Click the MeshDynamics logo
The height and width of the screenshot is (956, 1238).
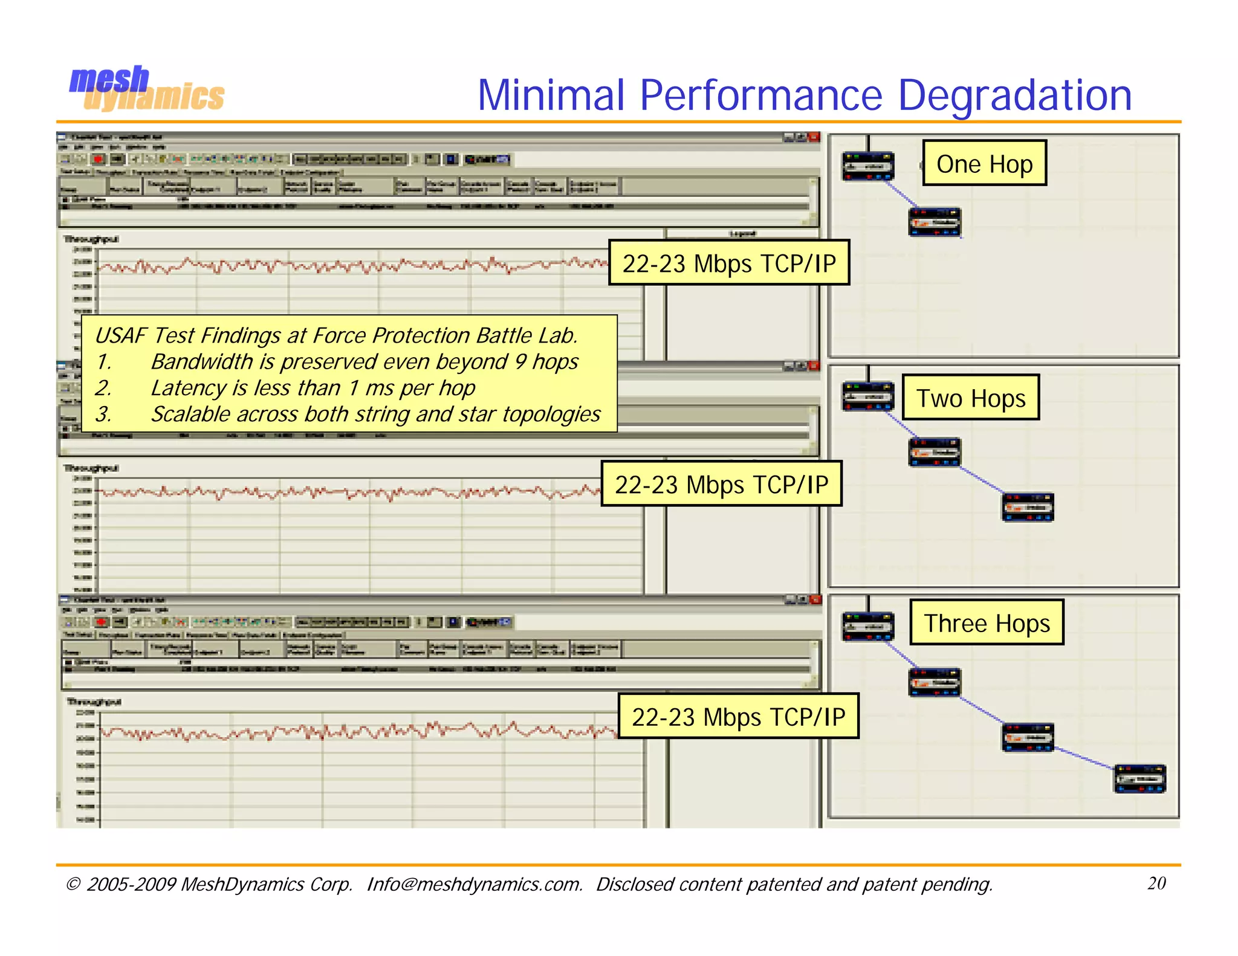[x=146, y=89]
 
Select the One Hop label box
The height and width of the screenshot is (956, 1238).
[x=984, y=163]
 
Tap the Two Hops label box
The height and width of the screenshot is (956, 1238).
[x=970, y=398]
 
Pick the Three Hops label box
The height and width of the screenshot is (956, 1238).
[x=987, y=622]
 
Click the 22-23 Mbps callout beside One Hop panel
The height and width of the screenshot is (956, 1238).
[x=728, y=263]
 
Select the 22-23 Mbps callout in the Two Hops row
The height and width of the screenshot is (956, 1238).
[x=721, y=484]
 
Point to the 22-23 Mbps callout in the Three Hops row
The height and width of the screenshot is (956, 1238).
[x=738, y=716]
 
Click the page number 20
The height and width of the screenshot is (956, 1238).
[x=1156, y=883]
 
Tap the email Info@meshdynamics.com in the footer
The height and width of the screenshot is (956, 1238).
[x=475, y=884]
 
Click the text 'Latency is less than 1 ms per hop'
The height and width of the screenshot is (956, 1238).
[x=313, y=388]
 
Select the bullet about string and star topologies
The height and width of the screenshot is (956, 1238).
[x=375, y=415]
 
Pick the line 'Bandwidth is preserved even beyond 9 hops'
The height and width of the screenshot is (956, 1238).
[x=365, y=361]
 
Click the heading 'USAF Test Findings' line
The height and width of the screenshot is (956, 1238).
[x=336, y=335]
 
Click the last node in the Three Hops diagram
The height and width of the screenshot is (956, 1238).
[x=1139, y=778]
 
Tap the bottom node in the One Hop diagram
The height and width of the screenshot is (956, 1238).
[x=935, y=222]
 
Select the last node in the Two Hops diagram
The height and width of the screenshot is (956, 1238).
[x=1028, y=507]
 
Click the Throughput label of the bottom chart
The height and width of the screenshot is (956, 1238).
[x=94, y=702]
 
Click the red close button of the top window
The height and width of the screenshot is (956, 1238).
[x=814, y=137]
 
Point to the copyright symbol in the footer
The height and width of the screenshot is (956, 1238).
[x=73, y=884]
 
